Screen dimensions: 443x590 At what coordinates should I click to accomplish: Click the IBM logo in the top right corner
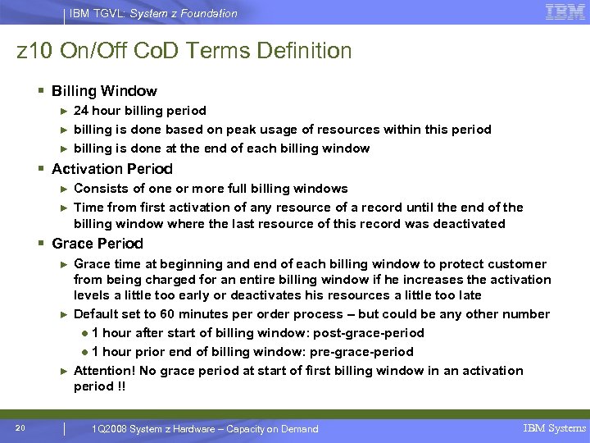(x=565, y=12)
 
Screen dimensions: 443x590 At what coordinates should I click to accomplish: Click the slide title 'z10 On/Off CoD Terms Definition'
(x=184, y=51)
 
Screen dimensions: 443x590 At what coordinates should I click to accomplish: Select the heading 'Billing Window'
(x=104, y=91)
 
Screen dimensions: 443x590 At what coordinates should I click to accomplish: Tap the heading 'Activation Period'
(x=112, y=169)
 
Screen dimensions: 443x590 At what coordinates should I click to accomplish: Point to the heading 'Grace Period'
(x=97, y=244)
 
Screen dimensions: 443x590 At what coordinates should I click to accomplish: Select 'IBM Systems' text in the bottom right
(x=555, y=428)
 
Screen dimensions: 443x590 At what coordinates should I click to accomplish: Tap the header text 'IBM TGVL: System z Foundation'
(x=153, y=13)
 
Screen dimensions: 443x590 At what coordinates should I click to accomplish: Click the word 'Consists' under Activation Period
(x=99, y=189)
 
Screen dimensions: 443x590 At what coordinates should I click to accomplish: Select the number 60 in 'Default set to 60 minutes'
(x=169, y=314)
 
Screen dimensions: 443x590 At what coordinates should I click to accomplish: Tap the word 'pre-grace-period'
(x=374, y=352)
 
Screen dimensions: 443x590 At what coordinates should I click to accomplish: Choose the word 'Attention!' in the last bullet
(x=104, y=371)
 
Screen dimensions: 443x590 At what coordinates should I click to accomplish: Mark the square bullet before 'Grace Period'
(x=41, y=244)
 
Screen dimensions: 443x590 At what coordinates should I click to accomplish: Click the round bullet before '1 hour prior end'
(x=85, y=352)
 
